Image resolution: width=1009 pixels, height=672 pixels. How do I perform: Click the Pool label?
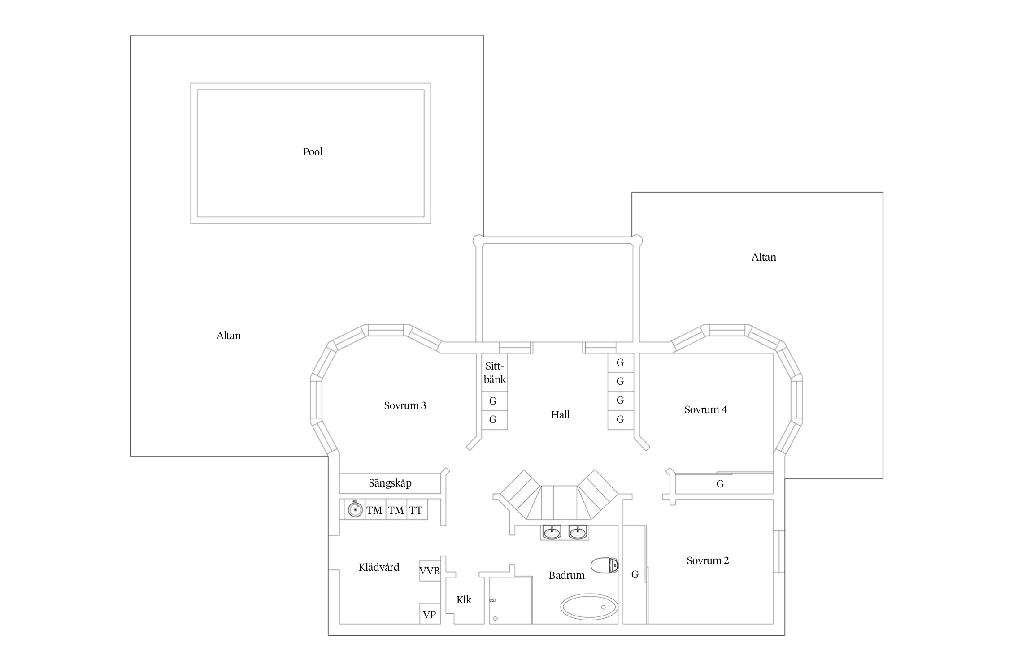pyautogui.click(x=313, y=152)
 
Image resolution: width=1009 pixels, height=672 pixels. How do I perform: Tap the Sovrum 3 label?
pyautogui.click(x=405, y=405)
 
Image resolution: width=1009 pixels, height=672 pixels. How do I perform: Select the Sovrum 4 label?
pyautogui.click(x=705, y=409)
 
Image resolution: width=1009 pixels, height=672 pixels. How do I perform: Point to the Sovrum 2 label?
pyautogui.click(x=708, y=560)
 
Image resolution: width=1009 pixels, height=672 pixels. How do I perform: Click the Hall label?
pyautogui.click(x=560, y=415)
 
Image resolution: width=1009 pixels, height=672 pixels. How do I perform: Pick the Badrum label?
pyautogui.click(x=566, y=575)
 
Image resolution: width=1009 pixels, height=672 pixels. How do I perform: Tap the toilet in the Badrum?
pyautogui.click(x=605, y=565)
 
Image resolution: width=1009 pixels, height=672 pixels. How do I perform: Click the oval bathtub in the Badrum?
pyautogui.click(x=589, y=607)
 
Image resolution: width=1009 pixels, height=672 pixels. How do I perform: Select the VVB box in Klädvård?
pyautogui.click(x=430, y=571)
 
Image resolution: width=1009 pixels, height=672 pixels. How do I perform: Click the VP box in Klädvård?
pyautogui.click(x=430, y=614)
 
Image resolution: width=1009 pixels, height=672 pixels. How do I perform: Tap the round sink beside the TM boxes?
pyautogui.click(x=355, y=510)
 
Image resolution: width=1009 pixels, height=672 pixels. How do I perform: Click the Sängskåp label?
pyautogui.click(x=390, y=483)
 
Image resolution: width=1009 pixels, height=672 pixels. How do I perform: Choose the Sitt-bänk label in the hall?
pyautogui.click(x=495, y=373)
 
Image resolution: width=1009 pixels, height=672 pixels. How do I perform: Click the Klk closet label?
pyautogui.click(x=464, y=600)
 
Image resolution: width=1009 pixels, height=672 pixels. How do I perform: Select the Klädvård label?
pyautogui.click(x=379, y=567)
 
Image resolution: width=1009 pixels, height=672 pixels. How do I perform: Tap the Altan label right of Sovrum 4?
pyautogui.click(x=764, y=257)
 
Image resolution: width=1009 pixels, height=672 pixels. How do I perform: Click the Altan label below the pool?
pyautogui.click(x=229, y=336)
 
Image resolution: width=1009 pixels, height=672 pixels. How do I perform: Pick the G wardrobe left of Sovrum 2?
pyautogui.click(x=635, y=574)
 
